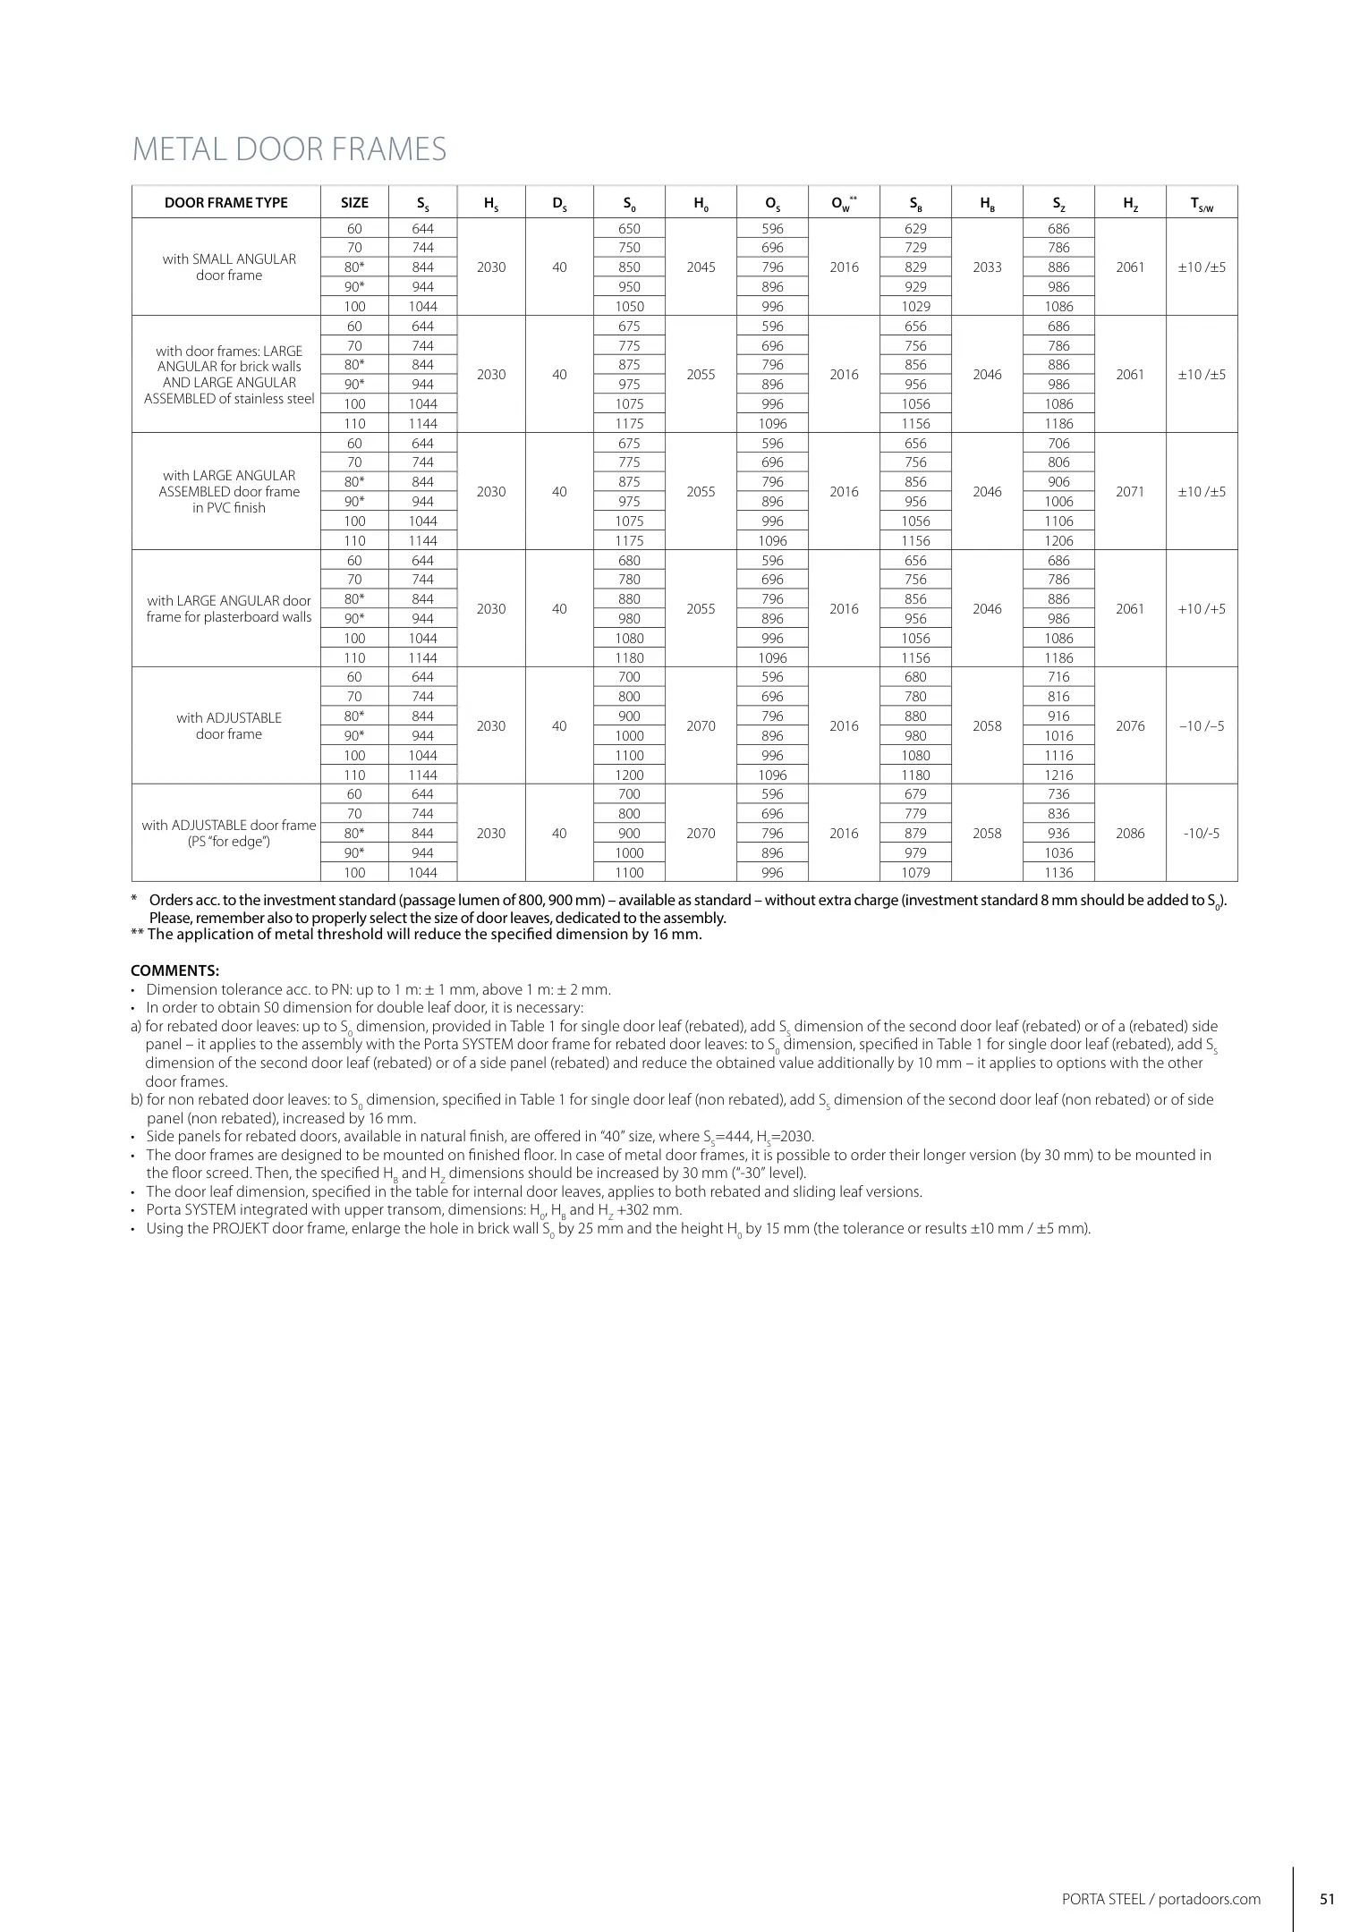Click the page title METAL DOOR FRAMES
[289, 148]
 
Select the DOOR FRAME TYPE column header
[226, 202]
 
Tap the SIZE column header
[354, 202]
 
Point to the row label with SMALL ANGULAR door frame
[229, 267]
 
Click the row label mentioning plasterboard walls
[229, 608]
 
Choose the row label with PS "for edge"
[229, 833]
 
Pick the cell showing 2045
[701, 267]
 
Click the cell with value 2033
[987, 267]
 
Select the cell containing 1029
[915, 306]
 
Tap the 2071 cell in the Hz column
[1130, 491]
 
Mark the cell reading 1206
[1058, 540]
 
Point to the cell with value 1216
[1058, 775]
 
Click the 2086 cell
[1130, 833]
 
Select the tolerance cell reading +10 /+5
[1202, 608]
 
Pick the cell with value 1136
[1058, 872]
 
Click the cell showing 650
[629, 228]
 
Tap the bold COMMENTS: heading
[175, 970]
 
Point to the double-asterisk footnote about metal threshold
[416, 935]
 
